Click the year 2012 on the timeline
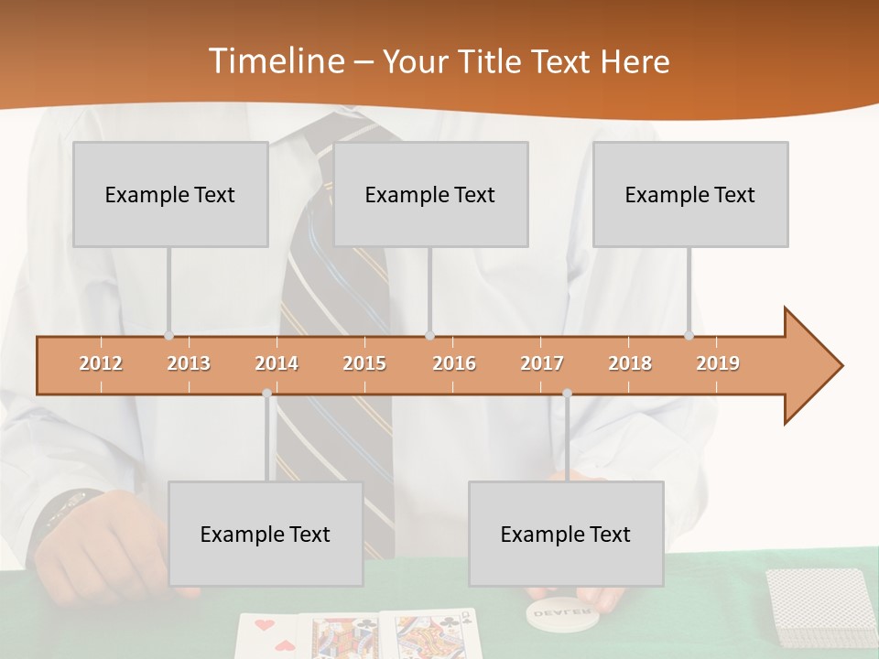(101, 363)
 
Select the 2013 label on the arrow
(189, 363)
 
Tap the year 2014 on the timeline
(277, 363)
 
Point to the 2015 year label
(364, 363)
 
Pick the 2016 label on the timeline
(454, 363)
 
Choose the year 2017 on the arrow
(542, 363)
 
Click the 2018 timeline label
(630, 363)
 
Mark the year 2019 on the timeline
(718, 363)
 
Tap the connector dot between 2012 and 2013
(168, 336)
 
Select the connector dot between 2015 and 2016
(429, 336)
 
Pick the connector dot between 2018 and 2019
(689, 336)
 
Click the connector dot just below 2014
(267, 394)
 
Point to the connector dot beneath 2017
(567, 394)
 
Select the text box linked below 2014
(266, 534)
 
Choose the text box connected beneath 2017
(566, 534)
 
